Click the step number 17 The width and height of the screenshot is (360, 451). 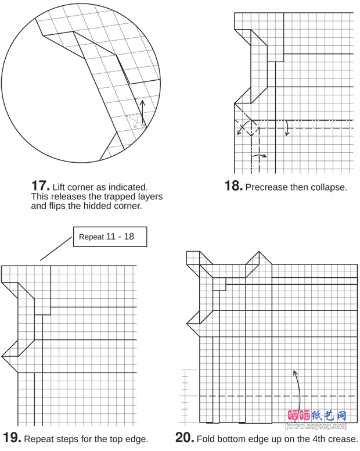(x=40, y=186)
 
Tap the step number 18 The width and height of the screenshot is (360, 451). (x=233, y=186)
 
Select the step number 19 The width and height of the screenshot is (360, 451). (x=12, y=438)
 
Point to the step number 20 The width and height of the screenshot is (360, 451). (x=185, y=438)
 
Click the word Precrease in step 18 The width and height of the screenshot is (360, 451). (x=265, y=187)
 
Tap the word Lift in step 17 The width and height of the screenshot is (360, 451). (x=59, y=187)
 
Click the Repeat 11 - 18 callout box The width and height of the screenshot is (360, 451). (x=110, y=237)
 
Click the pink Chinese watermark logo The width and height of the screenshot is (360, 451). (x=317, y=416)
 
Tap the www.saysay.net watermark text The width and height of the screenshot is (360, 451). (x=316, y=427)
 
